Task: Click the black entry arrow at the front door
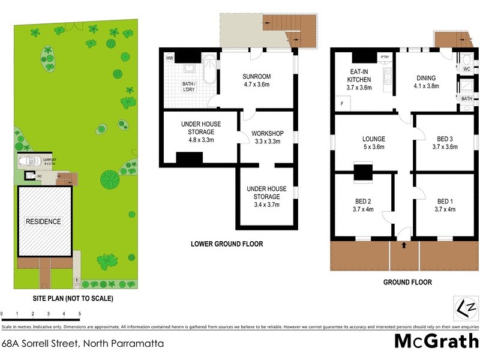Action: click(x=404, y=245)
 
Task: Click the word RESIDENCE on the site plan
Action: click(x=43, y=221)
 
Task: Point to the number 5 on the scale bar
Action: click(x=79, y=313)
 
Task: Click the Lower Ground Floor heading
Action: click(x=227, y=244)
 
